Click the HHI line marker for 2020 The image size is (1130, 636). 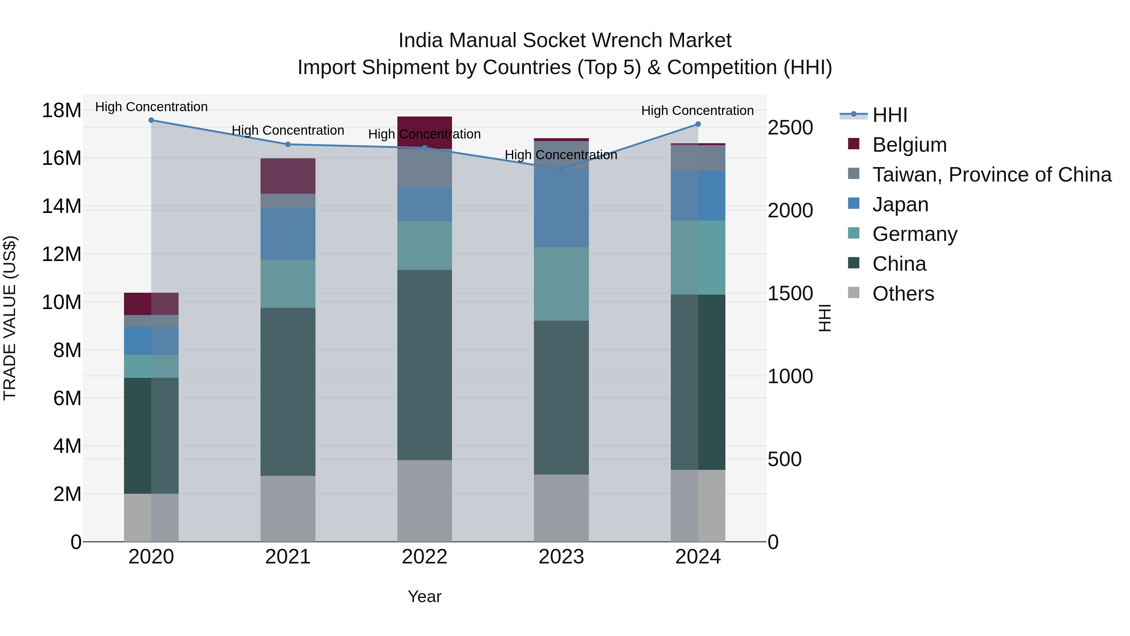tap(151, 120)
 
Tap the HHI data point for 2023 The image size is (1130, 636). tap(561, 169)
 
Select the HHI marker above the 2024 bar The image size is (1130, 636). tap(698, 124)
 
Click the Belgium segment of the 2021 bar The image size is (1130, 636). tap(288, 176)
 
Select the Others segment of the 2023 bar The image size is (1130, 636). tap(561, 508)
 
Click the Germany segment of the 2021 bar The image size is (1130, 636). tap(288, 284)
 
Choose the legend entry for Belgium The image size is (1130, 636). tap(909, 145)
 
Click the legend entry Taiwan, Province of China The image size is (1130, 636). tap(991, 175)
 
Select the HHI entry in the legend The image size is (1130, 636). tap(889, 115)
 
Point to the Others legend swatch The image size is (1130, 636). tap(854, 293)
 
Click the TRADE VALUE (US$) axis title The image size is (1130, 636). tap(10, 318)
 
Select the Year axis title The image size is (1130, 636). tap(424, 596)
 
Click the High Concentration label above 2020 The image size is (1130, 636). tap(151, 107)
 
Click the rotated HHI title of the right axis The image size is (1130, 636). tap(825, 318)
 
